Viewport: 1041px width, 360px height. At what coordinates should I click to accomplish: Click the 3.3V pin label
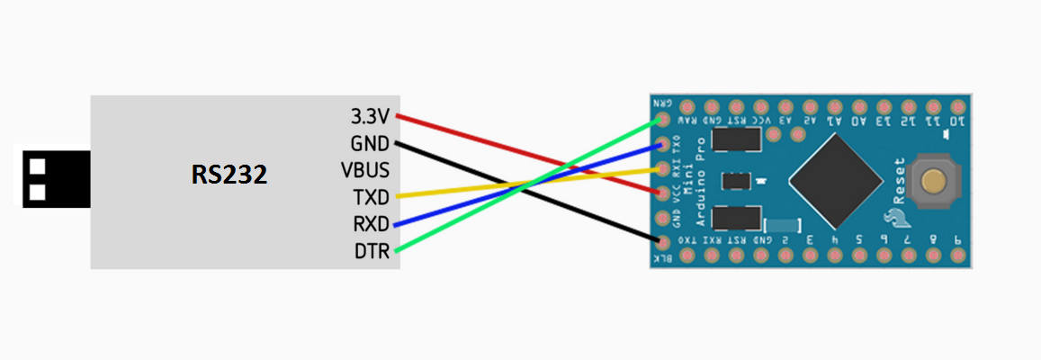(x=370, y=116)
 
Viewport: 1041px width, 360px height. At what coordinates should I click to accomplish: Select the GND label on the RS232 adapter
(x=370, y=143)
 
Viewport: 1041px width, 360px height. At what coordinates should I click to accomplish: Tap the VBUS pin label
(x=365, y=170)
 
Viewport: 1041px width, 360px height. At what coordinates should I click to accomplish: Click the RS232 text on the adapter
(x=229, y=175)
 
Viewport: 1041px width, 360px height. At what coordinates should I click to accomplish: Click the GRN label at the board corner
(x=664, y=103)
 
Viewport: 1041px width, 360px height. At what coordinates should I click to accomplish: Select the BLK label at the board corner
(x=662, y=258)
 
